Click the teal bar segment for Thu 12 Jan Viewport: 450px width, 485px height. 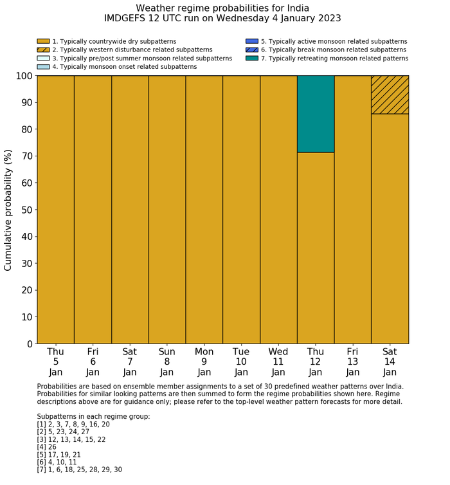(315, 114)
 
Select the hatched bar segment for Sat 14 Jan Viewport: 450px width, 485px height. (390, 95)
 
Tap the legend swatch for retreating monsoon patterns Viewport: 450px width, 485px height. (251, 59)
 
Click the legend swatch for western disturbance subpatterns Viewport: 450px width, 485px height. (43, 50)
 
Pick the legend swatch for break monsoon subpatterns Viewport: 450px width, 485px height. (251, 50)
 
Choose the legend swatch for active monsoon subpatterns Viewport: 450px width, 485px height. (251, 42)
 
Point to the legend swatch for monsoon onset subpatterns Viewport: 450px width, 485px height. (43, 67)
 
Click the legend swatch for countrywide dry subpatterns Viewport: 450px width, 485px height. (43, 42)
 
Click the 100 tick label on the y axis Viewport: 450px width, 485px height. (23, 76)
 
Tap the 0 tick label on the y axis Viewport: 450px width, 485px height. (29, 344)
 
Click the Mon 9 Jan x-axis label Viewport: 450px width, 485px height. (204, 361)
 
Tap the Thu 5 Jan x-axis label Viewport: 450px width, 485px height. (55, 361)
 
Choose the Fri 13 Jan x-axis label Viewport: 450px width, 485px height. (352, 361)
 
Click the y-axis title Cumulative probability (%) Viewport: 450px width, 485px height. (8, 210)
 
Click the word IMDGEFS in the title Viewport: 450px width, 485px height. (128, 19)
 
